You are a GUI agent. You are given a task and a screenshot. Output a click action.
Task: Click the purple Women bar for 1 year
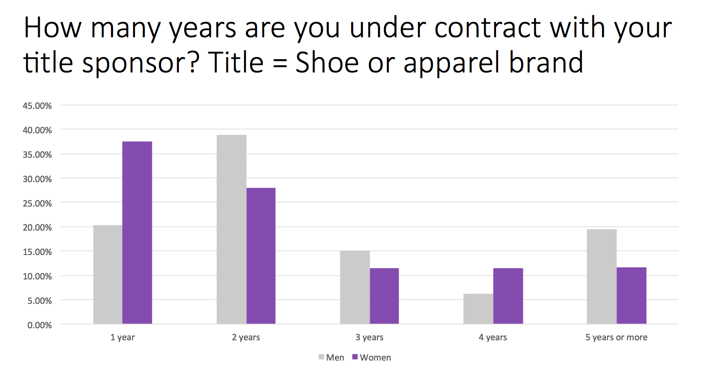tap(137, 233)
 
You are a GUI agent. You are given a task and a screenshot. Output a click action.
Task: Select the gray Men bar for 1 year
tap(108, 274)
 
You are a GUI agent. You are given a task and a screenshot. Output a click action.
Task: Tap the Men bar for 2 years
tap(231, 229)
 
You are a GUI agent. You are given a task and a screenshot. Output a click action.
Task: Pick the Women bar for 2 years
tap(261, 256)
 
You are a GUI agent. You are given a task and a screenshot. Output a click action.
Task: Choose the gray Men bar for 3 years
tap(355, 287)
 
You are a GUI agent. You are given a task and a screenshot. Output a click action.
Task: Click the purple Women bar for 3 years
tap(384, 296)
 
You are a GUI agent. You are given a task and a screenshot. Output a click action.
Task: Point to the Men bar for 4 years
tap(478, 309)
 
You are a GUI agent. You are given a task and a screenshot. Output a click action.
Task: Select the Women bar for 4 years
tap(508, 296)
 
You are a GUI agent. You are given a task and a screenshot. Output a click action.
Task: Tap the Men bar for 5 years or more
tap(602, 277)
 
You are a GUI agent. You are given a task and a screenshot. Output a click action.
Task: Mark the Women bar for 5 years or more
tap(631, 296)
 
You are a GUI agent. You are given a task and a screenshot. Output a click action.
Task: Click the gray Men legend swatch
tap(321, 357)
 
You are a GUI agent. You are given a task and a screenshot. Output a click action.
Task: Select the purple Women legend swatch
tap(355, 357)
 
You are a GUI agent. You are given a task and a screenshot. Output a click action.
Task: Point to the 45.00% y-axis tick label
tap(37, 106)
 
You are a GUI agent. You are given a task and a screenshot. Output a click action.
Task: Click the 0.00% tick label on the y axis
tap(40, 325)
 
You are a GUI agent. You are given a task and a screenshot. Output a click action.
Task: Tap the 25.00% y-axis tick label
tap(37, 204)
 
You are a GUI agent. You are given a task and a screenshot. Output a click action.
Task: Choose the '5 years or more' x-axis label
tap(617, 337)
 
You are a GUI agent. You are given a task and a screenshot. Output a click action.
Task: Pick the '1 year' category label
tap(123, 337)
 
